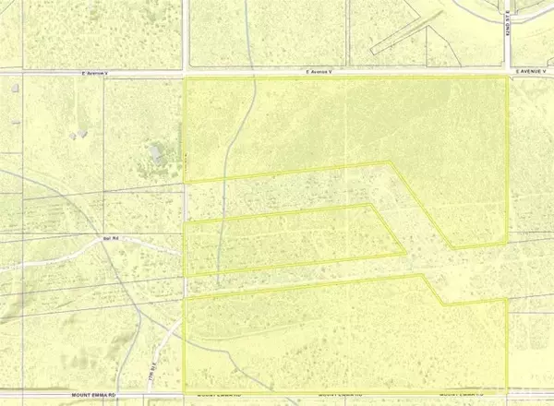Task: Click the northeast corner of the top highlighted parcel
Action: click(508, 78)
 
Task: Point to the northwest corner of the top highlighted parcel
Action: click(187, 78)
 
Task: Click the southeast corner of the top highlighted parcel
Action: click(508, 243)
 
